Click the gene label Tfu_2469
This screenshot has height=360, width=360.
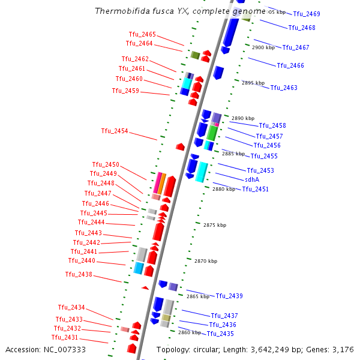coord(307,14)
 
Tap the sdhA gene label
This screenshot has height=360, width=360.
coord(252,179)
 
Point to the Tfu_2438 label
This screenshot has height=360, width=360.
coord(79,274)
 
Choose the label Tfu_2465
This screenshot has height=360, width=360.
coord(142,34)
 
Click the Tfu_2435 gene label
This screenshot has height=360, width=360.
coord(220,334)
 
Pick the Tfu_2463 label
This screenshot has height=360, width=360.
coord(284,88)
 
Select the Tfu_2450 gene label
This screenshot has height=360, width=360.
coord(106,164)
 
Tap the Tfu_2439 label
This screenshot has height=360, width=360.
coord(229,296)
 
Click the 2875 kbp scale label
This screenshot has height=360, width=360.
coord(215,225)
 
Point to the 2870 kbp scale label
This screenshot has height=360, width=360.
coord(206,261)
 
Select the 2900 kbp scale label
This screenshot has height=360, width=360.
coord(263,47)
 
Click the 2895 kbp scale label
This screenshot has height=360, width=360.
coord(253,83)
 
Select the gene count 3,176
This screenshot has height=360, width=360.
coord(343,349)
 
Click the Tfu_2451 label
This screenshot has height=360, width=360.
coord(256,189)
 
